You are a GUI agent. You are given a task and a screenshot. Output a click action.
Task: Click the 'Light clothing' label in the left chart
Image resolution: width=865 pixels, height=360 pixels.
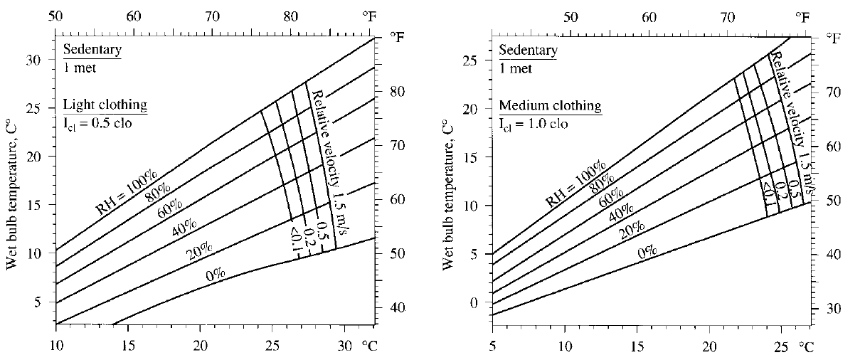pos(105,105)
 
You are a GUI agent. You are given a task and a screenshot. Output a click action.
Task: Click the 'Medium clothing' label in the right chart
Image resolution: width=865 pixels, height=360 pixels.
pos(550,106)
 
